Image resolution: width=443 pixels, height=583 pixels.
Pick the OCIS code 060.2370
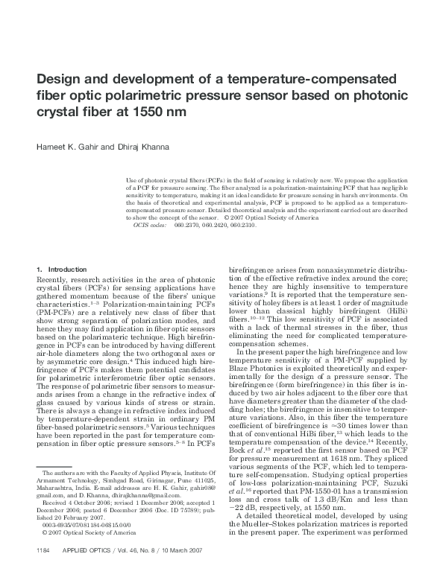(187, 224)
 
